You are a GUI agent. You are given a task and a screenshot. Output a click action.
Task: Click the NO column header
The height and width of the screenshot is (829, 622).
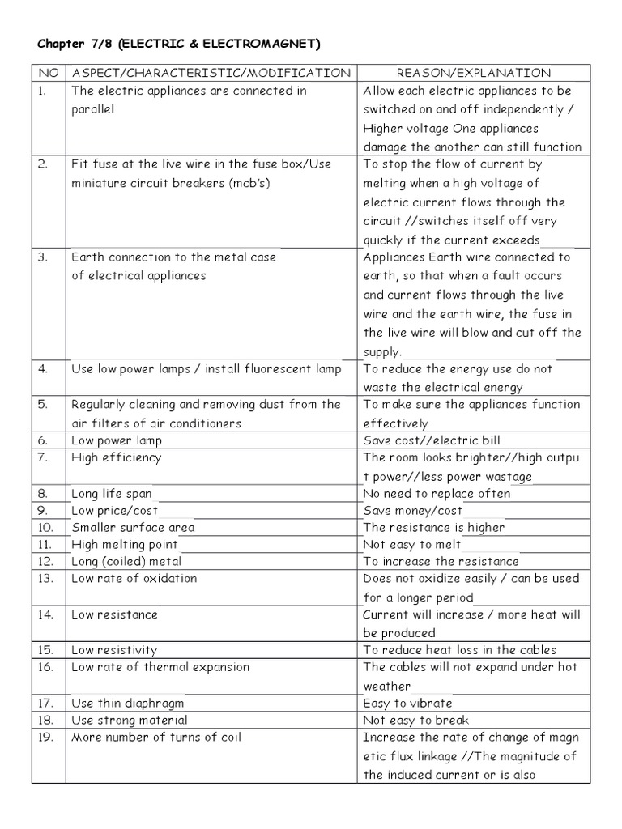pyautogui.click(x=48, y=73)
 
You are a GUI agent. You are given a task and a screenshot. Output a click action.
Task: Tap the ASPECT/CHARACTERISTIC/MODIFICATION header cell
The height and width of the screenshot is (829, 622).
pyautogui.click(x=211, y=73)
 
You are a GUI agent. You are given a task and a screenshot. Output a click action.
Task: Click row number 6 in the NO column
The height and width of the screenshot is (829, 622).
pyautogui.click(x=44, y=440)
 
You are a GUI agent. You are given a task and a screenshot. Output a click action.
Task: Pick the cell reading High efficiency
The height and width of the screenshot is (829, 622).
pyautogui.click(x=117, y=457)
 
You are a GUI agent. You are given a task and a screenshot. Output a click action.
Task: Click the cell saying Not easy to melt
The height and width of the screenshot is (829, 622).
pyautogui.click(x=412, y=544)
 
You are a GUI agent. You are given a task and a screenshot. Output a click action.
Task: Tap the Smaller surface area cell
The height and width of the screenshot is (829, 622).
pyautogui.click(x=133, y=527)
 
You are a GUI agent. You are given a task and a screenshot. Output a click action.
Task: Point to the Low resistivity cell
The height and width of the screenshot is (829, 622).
pyautogui.click(x=114, y=649)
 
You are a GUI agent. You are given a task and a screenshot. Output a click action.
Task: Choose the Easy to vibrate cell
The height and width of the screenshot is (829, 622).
pyautogui.click(x=408, y=703)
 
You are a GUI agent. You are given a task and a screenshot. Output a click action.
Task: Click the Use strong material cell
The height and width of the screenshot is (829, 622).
pyautogui.click(x=130, y=720)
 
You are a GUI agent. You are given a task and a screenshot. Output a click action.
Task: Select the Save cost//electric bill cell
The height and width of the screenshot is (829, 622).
pyautogui.click(x=432, y=440)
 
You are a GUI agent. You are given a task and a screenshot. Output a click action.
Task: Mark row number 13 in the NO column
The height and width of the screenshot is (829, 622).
pyautogui.click(x=45, y=578)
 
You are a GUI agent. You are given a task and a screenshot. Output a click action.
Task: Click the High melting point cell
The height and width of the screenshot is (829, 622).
pyautogui.click(x=125, y=544)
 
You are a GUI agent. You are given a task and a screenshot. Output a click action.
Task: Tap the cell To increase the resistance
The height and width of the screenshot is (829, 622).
pyautogui.click(x=441, y=561)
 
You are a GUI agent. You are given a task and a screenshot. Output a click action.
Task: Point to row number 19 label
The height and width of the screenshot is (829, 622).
pyautogui.click(x=45, y=737)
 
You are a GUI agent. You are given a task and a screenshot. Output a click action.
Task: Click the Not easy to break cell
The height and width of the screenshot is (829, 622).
pyautogui.click(x=416, y=720)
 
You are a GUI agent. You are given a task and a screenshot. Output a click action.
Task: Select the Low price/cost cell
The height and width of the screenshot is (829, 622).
pyautogui.click(x=115, y=510)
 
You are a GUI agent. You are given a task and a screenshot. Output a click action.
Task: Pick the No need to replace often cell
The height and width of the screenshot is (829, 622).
pyautogui.click(x=437, y=493)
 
